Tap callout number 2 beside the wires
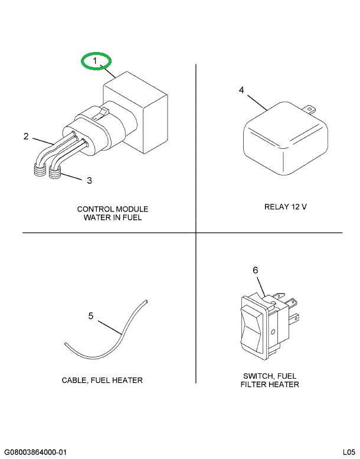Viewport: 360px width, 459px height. (x=26, y=136)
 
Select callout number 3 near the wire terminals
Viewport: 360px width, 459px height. (x=89, y=180)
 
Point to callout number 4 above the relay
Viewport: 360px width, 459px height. (x=241, y=90)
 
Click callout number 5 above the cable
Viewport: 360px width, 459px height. (x=91, y=316)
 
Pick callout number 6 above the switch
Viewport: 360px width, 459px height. (x=256, y=270)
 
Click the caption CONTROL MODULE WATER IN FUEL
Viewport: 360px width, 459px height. (x=112, y=213)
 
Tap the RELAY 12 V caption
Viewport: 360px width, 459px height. (x=286, y=207)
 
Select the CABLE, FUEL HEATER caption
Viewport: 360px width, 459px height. (x=102, y=380)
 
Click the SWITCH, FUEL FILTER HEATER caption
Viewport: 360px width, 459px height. (x=270, y=380)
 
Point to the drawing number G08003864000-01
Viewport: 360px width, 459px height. (x=36, y=452)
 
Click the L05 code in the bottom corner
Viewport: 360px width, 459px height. (x=348, y=452)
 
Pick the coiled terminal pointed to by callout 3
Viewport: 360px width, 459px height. (x=55, y=172)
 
